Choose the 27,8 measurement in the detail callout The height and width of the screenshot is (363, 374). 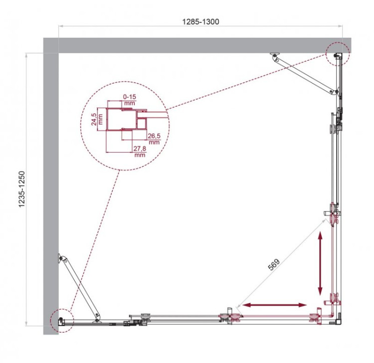point(139,148)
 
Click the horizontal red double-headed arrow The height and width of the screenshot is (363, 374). point(275,305)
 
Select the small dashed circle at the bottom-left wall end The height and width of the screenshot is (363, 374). point(61,319)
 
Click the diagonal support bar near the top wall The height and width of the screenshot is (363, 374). point(303,74)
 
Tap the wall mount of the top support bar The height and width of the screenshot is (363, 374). point(274,55)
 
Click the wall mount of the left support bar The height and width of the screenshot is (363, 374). point(61,258)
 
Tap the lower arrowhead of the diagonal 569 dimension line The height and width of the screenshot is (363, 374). point(239,305)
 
